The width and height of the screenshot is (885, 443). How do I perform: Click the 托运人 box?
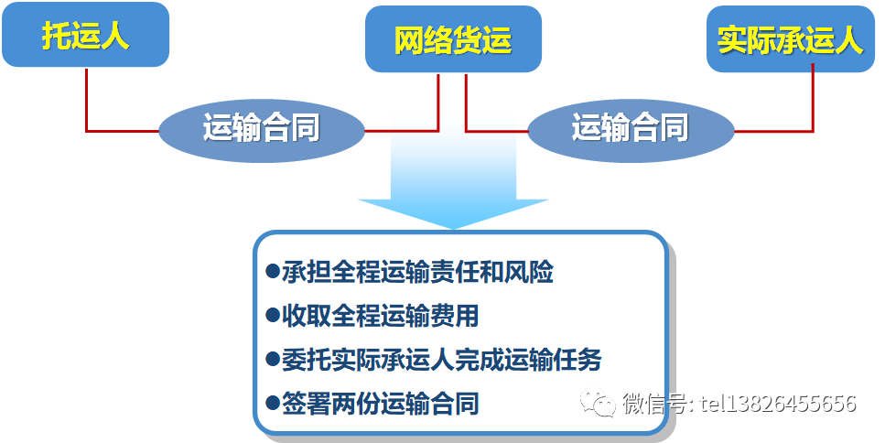click(86, 35)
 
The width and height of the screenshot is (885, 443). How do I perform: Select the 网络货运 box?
click(453, 39)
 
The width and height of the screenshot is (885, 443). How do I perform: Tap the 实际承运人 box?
click(790, 39)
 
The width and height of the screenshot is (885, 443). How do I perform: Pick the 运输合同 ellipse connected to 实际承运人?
click(631, 131)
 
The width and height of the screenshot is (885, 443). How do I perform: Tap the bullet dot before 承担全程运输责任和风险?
click(273, 271)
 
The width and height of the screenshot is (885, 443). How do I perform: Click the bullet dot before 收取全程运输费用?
click(273, 314)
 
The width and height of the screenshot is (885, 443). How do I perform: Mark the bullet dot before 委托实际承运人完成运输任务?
click(273, 359)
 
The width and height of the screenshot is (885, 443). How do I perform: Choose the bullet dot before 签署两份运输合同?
click(273, 403)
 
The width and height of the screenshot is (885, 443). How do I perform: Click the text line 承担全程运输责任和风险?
click(417, 272)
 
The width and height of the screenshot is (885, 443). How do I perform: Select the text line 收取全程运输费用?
click(381, 315)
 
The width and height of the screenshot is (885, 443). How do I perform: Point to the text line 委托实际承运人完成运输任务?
click(442, 360)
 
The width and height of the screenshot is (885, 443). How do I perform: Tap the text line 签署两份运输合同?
click(381, 403)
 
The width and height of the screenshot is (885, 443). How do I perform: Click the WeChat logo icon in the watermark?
click(598, 403)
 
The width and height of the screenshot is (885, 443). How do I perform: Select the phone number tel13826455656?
click(778, 404)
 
